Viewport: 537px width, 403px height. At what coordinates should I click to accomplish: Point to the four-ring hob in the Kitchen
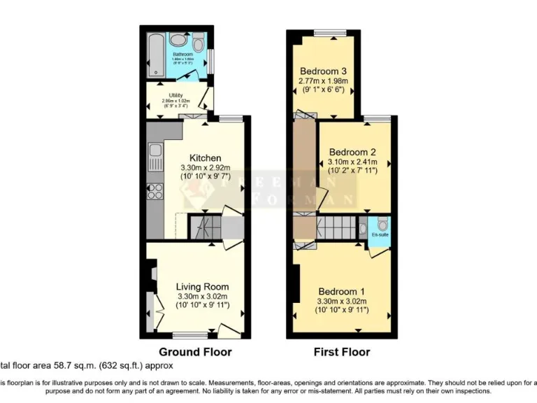(x=155, y=191)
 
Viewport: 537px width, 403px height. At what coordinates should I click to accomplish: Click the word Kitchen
(x=206, y=158)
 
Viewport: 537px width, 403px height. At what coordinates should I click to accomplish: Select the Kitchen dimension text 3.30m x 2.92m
(x=206, y=168)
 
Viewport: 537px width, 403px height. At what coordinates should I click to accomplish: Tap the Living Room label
(x=202, y=287)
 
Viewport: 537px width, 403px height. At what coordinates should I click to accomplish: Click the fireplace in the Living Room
(x=150, y=275)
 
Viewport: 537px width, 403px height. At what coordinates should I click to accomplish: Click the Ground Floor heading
(x=195, y=352)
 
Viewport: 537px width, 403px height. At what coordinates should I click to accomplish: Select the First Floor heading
(x=342, y=352)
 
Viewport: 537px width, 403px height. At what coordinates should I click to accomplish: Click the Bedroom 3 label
(x=324, y=71)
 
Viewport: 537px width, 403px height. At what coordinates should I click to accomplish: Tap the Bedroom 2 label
(x=353, y=152)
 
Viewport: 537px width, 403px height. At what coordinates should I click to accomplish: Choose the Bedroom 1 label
(x=342, y=291)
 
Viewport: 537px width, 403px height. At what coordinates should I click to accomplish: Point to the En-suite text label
(x=380, y=236)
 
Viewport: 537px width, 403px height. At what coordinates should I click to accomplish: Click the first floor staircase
(x=336, y=227)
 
